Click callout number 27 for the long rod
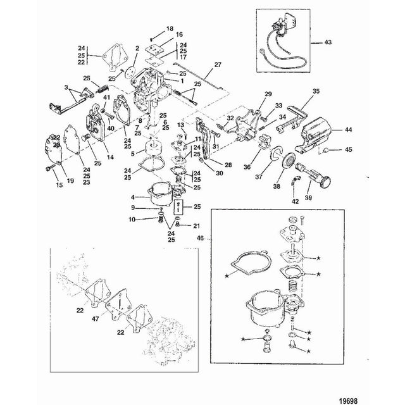tap(218, 65)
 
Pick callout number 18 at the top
tap(169, 29)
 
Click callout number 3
tap(66, 87)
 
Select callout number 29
tap(269, 94)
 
